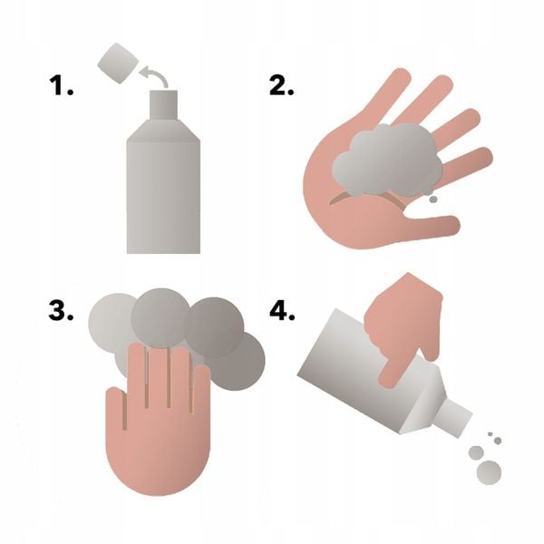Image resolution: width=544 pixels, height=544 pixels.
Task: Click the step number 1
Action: click(x=61, y=86)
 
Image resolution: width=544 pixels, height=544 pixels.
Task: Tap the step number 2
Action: click(x=281, y=86)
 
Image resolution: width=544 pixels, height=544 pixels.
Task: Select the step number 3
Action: click(x=61, y=310)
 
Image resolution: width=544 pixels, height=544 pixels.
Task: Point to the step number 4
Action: click(x=282, y=310)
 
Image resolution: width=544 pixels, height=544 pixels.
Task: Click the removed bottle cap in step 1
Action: click(x=118, y=63)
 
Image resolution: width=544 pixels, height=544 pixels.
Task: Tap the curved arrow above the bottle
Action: click(x=155, y=74)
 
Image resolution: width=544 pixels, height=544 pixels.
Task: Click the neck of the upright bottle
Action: click(x=163, y=105)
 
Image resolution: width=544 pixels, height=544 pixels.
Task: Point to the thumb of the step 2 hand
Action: click(x=430, y=226)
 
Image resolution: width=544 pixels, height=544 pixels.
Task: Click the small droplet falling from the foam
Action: click(x=433, y=199)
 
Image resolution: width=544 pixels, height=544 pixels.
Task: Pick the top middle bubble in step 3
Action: click(x=161, y=318)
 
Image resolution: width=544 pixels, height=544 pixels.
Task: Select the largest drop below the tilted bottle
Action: click(x=490, y=472)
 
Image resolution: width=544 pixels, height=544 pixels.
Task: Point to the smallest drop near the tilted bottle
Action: click(x=491, y=434)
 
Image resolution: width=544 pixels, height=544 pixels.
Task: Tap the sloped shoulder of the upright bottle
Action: click(x=163, y=131)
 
